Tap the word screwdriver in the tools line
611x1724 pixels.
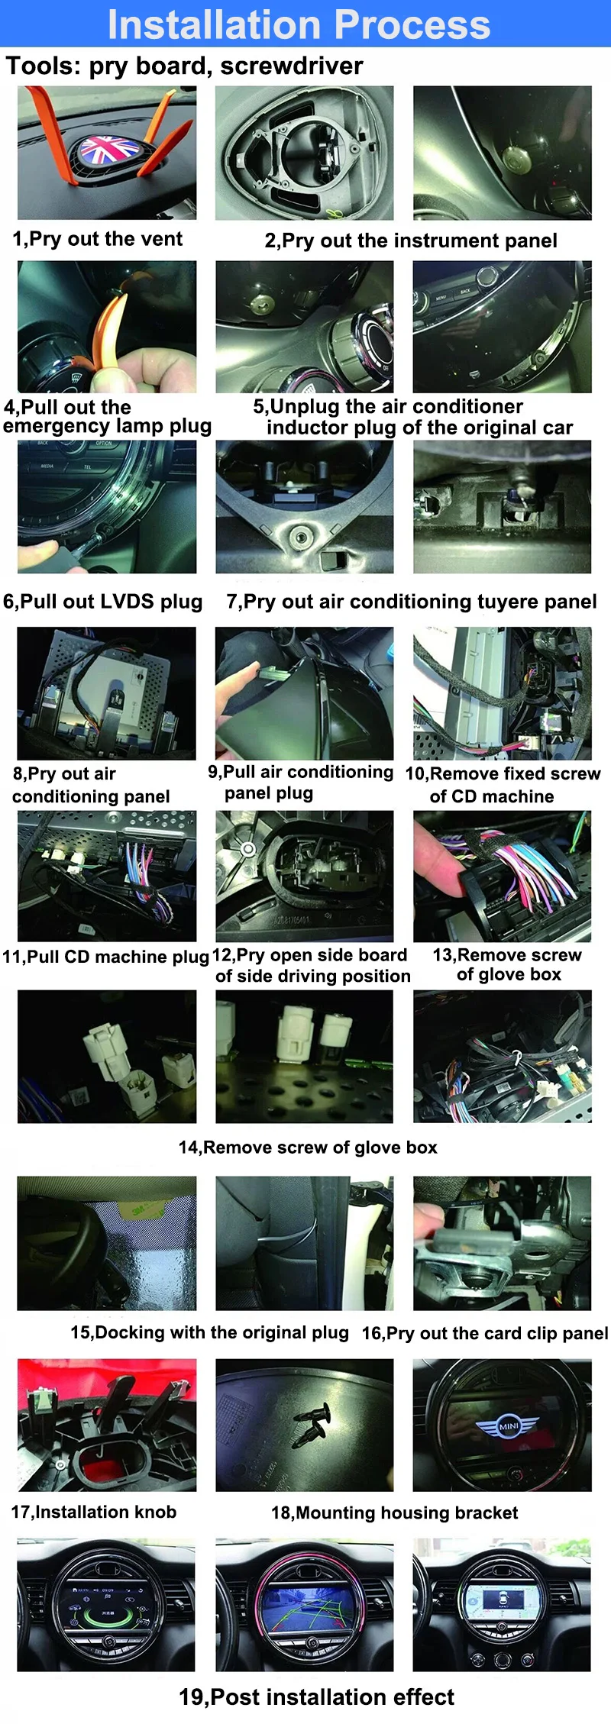pos(292,66)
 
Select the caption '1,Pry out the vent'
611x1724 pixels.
pos(97,239)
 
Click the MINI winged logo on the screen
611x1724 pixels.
pos(508,1425)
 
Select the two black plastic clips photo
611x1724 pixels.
pos(304,1425)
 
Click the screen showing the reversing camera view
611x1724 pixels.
pos(304,1603)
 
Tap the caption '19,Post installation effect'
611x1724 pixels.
pos(316,1697)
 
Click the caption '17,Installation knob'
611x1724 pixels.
pos(93,1512)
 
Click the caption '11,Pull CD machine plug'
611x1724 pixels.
pos(105,957)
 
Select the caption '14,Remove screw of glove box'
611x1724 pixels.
pos(308,1148)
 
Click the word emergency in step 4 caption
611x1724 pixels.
pos(56,426)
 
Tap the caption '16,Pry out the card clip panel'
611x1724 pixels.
pos(484,1333)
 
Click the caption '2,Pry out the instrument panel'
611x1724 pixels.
pos(411,241)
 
